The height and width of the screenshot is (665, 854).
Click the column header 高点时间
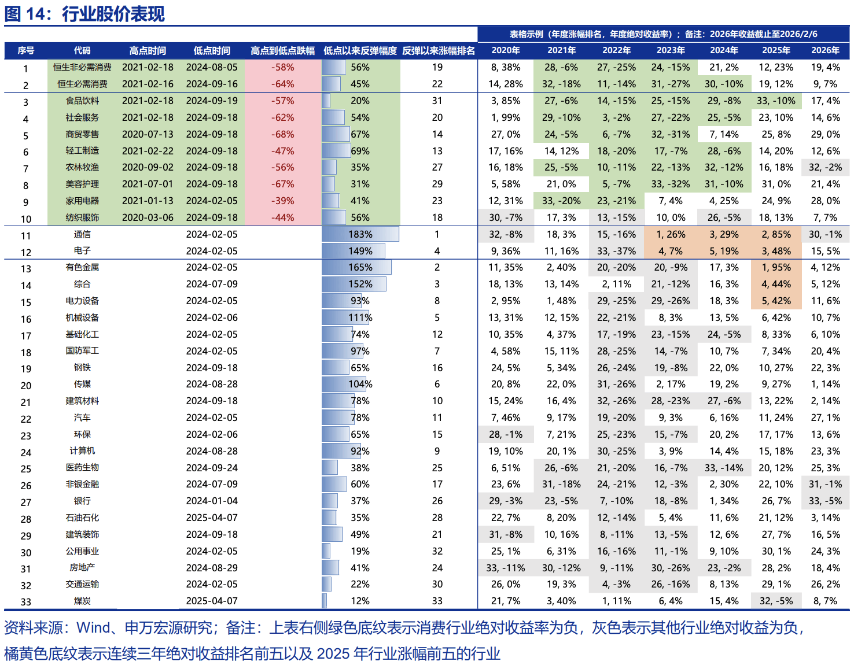click(x=148, y=51)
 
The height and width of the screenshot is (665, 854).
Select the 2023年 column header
click(x=671, y=51)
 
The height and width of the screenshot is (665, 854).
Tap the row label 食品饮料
click(x=82, y=101)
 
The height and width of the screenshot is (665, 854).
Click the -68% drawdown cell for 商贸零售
click(x=283, y=134)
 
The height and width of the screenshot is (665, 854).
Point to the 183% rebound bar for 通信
click(x=360, y=234)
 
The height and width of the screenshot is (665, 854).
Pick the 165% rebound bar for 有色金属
click(x=356, y=268)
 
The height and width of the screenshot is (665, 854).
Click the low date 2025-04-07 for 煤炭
click(x=212, y=601)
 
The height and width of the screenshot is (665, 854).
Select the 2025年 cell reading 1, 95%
click(x=776, y=268)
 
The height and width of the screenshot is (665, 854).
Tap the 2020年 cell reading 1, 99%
click(x=505, y=117)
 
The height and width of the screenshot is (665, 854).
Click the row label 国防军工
click(x=82, y=351)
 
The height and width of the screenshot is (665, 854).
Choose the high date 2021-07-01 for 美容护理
click(x=148, y=184)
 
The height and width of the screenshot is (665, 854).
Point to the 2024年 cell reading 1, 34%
click(x=724, y=501)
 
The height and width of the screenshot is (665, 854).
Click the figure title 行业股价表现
click(x=113, y=14)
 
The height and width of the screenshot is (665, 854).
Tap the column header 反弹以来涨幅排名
click(x=438, y=51)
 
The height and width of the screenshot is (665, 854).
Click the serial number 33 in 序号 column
click(x=26, y=601)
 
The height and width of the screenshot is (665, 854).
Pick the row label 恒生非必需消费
click(x=82, y=68)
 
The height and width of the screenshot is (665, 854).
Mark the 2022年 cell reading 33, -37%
click(x=616, y=251)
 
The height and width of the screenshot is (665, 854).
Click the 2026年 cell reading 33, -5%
click(x=825, y=501)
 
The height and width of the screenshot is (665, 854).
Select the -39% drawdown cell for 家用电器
click(x=283, y=201)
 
